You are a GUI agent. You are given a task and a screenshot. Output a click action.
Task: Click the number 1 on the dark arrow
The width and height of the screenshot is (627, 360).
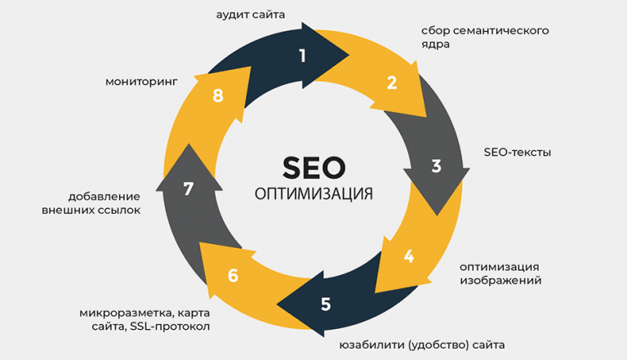pos(303,56)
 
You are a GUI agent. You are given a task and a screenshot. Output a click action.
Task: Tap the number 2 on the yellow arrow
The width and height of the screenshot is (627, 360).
pos(392,82)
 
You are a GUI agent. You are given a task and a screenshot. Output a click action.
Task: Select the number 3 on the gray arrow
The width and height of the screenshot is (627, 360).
pos(436,166)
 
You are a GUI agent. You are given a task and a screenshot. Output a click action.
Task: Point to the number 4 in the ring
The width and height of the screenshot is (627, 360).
pos(409,256)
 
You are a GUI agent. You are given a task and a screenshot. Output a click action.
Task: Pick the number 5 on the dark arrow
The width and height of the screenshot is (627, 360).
pos(326,304)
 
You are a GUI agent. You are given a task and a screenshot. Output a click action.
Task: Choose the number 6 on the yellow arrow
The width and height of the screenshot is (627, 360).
pos(233,276)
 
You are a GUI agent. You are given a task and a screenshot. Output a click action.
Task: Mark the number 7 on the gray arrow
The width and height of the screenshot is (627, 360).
pos(189,189)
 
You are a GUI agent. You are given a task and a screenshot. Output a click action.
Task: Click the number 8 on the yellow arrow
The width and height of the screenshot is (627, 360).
pos(218,96)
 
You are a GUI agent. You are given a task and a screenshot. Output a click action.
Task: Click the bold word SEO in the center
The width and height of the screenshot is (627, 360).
pos(313,168)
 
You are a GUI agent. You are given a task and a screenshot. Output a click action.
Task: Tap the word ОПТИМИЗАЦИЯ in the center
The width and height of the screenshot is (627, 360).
pos(313,194)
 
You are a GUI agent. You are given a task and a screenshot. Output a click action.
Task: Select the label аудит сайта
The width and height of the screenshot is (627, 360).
pos(251,15)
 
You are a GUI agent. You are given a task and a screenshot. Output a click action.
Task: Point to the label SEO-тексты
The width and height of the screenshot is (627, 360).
pos(518,153)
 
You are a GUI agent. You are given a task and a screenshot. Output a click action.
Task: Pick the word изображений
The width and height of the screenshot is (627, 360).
pos(500,280)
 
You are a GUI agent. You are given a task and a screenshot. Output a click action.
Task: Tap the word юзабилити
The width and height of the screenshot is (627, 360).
pos(372,344)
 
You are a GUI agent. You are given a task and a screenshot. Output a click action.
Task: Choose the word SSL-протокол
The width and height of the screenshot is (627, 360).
pos(170,327)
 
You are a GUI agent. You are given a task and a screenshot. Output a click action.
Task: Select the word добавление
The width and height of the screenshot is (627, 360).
pos(104,197)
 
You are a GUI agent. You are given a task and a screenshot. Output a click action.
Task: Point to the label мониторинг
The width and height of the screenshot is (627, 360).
pos(141,82)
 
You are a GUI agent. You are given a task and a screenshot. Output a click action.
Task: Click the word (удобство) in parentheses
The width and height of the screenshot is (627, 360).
pos(438,344)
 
